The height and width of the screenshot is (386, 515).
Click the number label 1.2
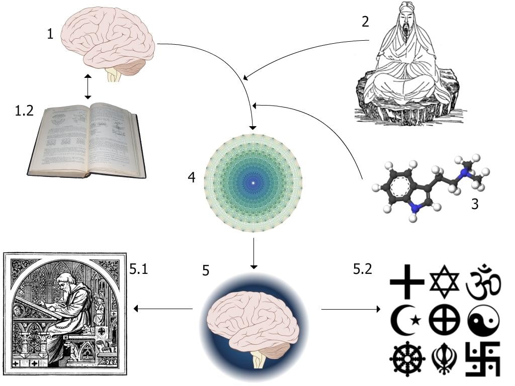[x=24, y=111]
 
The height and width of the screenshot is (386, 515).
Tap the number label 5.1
[x=138, y=269]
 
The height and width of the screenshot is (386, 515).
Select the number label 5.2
[x=362, y=269]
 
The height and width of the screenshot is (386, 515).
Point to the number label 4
[x=192, y=178]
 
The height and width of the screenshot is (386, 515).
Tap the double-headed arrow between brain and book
[x=88, y=87]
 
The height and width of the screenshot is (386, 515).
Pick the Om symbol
[x=483, y=280]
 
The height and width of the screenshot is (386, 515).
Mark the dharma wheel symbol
[x=406, y=359]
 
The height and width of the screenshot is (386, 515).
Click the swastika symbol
[x=483, y=359]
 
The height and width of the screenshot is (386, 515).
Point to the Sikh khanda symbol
[x=445, y=359]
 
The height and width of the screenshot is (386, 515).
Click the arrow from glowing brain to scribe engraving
[x=163, y=309]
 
